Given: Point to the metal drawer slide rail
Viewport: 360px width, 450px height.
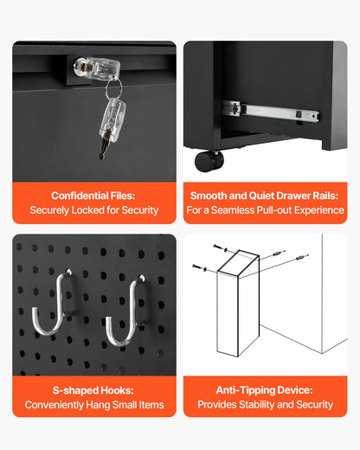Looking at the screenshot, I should pyautogui.click(x=269, y=112).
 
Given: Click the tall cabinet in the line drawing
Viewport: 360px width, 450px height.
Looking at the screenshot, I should pyautogui.click(x=239, y=303).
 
